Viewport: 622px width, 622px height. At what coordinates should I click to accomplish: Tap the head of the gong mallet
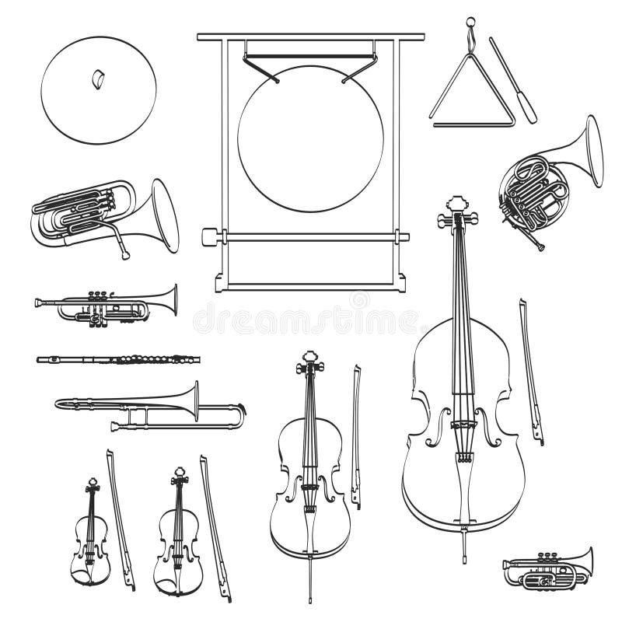pos(208,236)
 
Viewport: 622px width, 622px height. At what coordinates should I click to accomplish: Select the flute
pos(117,360)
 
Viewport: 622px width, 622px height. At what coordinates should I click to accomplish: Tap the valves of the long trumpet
pos(100,297)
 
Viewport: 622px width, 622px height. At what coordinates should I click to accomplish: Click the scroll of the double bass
pos(457,211)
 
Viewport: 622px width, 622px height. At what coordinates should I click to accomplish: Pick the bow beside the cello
pos(355,435)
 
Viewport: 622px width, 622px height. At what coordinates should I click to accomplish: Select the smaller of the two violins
pos(91,536)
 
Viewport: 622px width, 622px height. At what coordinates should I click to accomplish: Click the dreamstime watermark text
pos(307,318)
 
